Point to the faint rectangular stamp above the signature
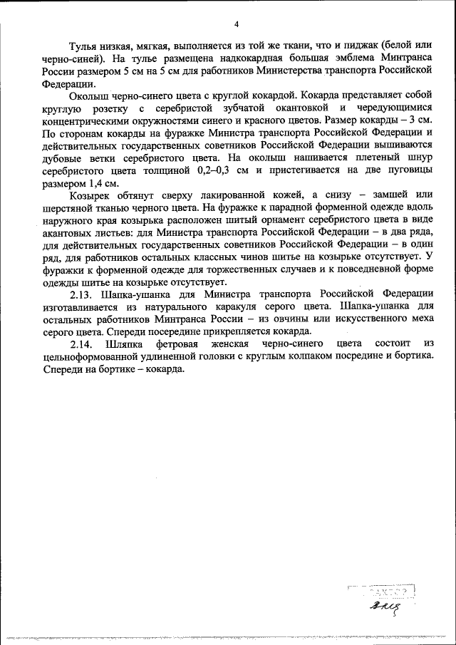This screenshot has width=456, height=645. click(x=382, y=591)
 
